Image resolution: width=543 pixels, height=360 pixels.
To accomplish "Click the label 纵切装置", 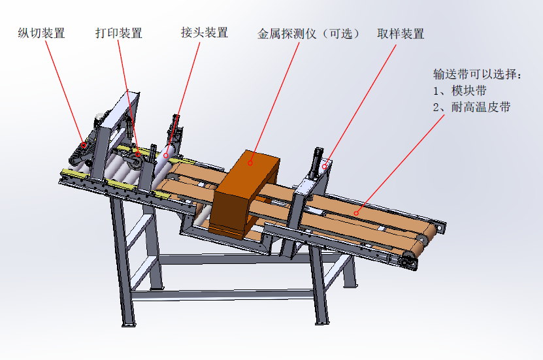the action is [41, 33].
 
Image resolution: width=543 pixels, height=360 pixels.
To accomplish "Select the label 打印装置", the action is [119, 33].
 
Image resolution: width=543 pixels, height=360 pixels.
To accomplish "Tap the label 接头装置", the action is [205, 33].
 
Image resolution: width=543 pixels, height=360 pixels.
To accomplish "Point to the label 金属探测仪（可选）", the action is [308, 33].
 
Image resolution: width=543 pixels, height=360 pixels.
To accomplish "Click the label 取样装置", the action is [401, 33].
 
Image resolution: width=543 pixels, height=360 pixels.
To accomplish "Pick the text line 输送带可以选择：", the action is [477, 74].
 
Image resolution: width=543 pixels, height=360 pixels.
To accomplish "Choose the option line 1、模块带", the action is [460, 91].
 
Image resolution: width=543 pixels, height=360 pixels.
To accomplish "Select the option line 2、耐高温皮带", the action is [472, 107].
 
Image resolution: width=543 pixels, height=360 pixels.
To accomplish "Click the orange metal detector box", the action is [245, 194].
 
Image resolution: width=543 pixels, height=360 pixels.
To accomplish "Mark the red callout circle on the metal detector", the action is [250, 163].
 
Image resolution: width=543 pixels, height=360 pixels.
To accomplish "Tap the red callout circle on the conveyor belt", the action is [356, 213].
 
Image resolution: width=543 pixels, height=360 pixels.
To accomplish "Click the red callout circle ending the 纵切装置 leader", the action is [84, 145].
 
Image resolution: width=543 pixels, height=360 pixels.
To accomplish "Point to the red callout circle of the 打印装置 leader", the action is [138, 154].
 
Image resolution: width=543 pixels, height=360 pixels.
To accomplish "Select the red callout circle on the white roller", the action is [165, 155].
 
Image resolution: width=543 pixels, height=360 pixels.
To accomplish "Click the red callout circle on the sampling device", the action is [325, 167].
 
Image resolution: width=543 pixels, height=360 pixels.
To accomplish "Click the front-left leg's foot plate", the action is [129, 325].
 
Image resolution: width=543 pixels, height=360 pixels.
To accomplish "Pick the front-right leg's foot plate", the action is [322, 323].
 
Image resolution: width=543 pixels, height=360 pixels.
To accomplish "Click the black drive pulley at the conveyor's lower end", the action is [409, 261].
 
